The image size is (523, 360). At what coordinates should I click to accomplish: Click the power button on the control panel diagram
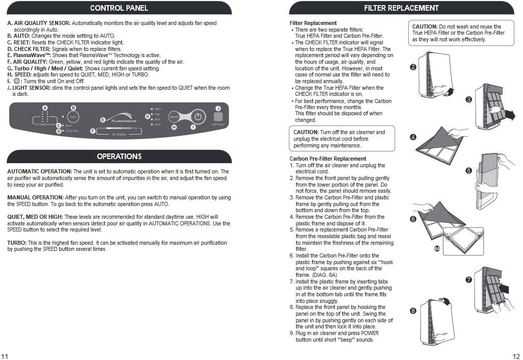point(199,117)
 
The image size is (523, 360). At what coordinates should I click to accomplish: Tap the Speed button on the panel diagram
point(173,117)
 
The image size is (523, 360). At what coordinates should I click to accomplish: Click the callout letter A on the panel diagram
point(45,108)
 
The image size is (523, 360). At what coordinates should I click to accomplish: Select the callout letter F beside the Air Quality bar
point(92,131)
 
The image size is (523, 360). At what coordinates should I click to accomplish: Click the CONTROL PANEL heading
point(119,8)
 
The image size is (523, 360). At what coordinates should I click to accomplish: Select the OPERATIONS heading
point(119,156)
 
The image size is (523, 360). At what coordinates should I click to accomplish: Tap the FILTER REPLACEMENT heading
point(401,8)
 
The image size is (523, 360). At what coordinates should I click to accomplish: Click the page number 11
point(5,356)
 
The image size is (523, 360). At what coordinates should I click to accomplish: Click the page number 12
point(515,356)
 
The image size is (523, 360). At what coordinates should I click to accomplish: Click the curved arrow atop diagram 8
point(445,302)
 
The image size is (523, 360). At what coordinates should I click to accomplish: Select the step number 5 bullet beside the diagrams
point(468,170)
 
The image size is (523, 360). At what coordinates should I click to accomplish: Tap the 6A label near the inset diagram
point(437,248)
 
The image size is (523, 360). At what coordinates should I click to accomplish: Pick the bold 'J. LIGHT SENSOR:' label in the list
point(29,88)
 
